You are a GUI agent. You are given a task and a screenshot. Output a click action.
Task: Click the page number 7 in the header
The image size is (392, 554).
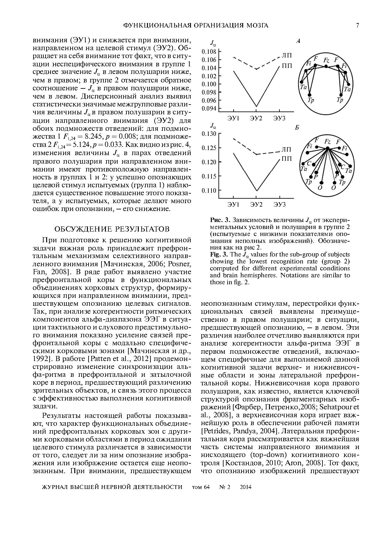coord(358,26)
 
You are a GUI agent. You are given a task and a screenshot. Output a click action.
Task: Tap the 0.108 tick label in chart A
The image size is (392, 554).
coord(209,51)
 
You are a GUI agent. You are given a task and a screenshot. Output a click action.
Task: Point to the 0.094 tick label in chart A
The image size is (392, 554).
coord(209,108)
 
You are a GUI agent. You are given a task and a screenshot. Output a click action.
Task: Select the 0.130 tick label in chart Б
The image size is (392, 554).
coord(209,134)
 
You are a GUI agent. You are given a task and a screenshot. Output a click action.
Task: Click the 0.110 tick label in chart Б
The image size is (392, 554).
coord(209,190)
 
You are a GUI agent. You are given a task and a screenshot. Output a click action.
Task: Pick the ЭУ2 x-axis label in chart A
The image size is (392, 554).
coord(256,118)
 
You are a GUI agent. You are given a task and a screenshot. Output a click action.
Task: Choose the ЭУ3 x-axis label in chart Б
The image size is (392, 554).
coord(279,205)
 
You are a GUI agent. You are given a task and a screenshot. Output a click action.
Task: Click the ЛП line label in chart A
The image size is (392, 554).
coord(287,56)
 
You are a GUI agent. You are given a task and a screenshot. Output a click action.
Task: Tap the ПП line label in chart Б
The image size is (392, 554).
coord(287,159)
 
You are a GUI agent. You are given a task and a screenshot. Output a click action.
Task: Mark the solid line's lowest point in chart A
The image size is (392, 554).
coord(256,106)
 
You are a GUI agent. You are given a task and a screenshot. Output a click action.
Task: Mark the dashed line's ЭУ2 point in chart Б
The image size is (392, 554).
coord(256,154)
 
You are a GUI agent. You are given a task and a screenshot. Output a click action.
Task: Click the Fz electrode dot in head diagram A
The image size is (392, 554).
coord(326,66)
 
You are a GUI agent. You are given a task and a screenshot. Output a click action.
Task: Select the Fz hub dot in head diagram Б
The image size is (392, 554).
coord(328,148)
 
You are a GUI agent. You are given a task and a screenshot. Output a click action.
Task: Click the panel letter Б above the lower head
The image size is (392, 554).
coord(297,128)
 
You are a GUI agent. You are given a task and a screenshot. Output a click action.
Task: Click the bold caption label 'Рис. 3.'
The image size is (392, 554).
coord(218,220)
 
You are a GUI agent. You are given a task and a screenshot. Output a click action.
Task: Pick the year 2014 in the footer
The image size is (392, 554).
coord(246,487)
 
